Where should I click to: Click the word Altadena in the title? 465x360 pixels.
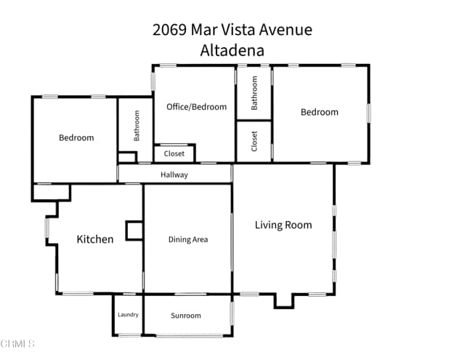click(232, 50)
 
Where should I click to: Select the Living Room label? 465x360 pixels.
click(283, 225)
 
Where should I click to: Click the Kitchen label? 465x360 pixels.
click(95, 239)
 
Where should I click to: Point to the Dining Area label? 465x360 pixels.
click(188, 239)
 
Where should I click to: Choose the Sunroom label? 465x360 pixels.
click(186, 316)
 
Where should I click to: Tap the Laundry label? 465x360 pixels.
click(128, 315)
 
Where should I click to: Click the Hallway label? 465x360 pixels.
click(174, 175)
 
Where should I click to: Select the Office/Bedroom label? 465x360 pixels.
click(196, 107)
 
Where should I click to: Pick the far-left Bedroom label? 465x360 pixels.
click(76, 137)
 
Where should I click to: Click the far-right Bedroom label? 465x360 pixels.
click(320, 112)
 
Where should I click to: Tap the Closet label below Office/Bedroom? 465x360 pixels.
click(174, 153)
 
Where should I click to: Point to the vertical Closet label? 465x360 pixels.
click(254, 141)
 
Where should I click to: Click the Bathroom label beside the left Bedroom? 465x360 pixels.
click(136, 125)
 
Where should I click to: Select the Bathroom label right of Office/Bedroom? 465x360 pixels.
click(254, 92)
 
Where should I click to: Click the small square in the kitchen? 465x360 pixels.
click(134, 231)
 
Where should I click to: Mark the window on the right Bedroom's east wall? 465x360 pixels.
click(368, 113)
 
